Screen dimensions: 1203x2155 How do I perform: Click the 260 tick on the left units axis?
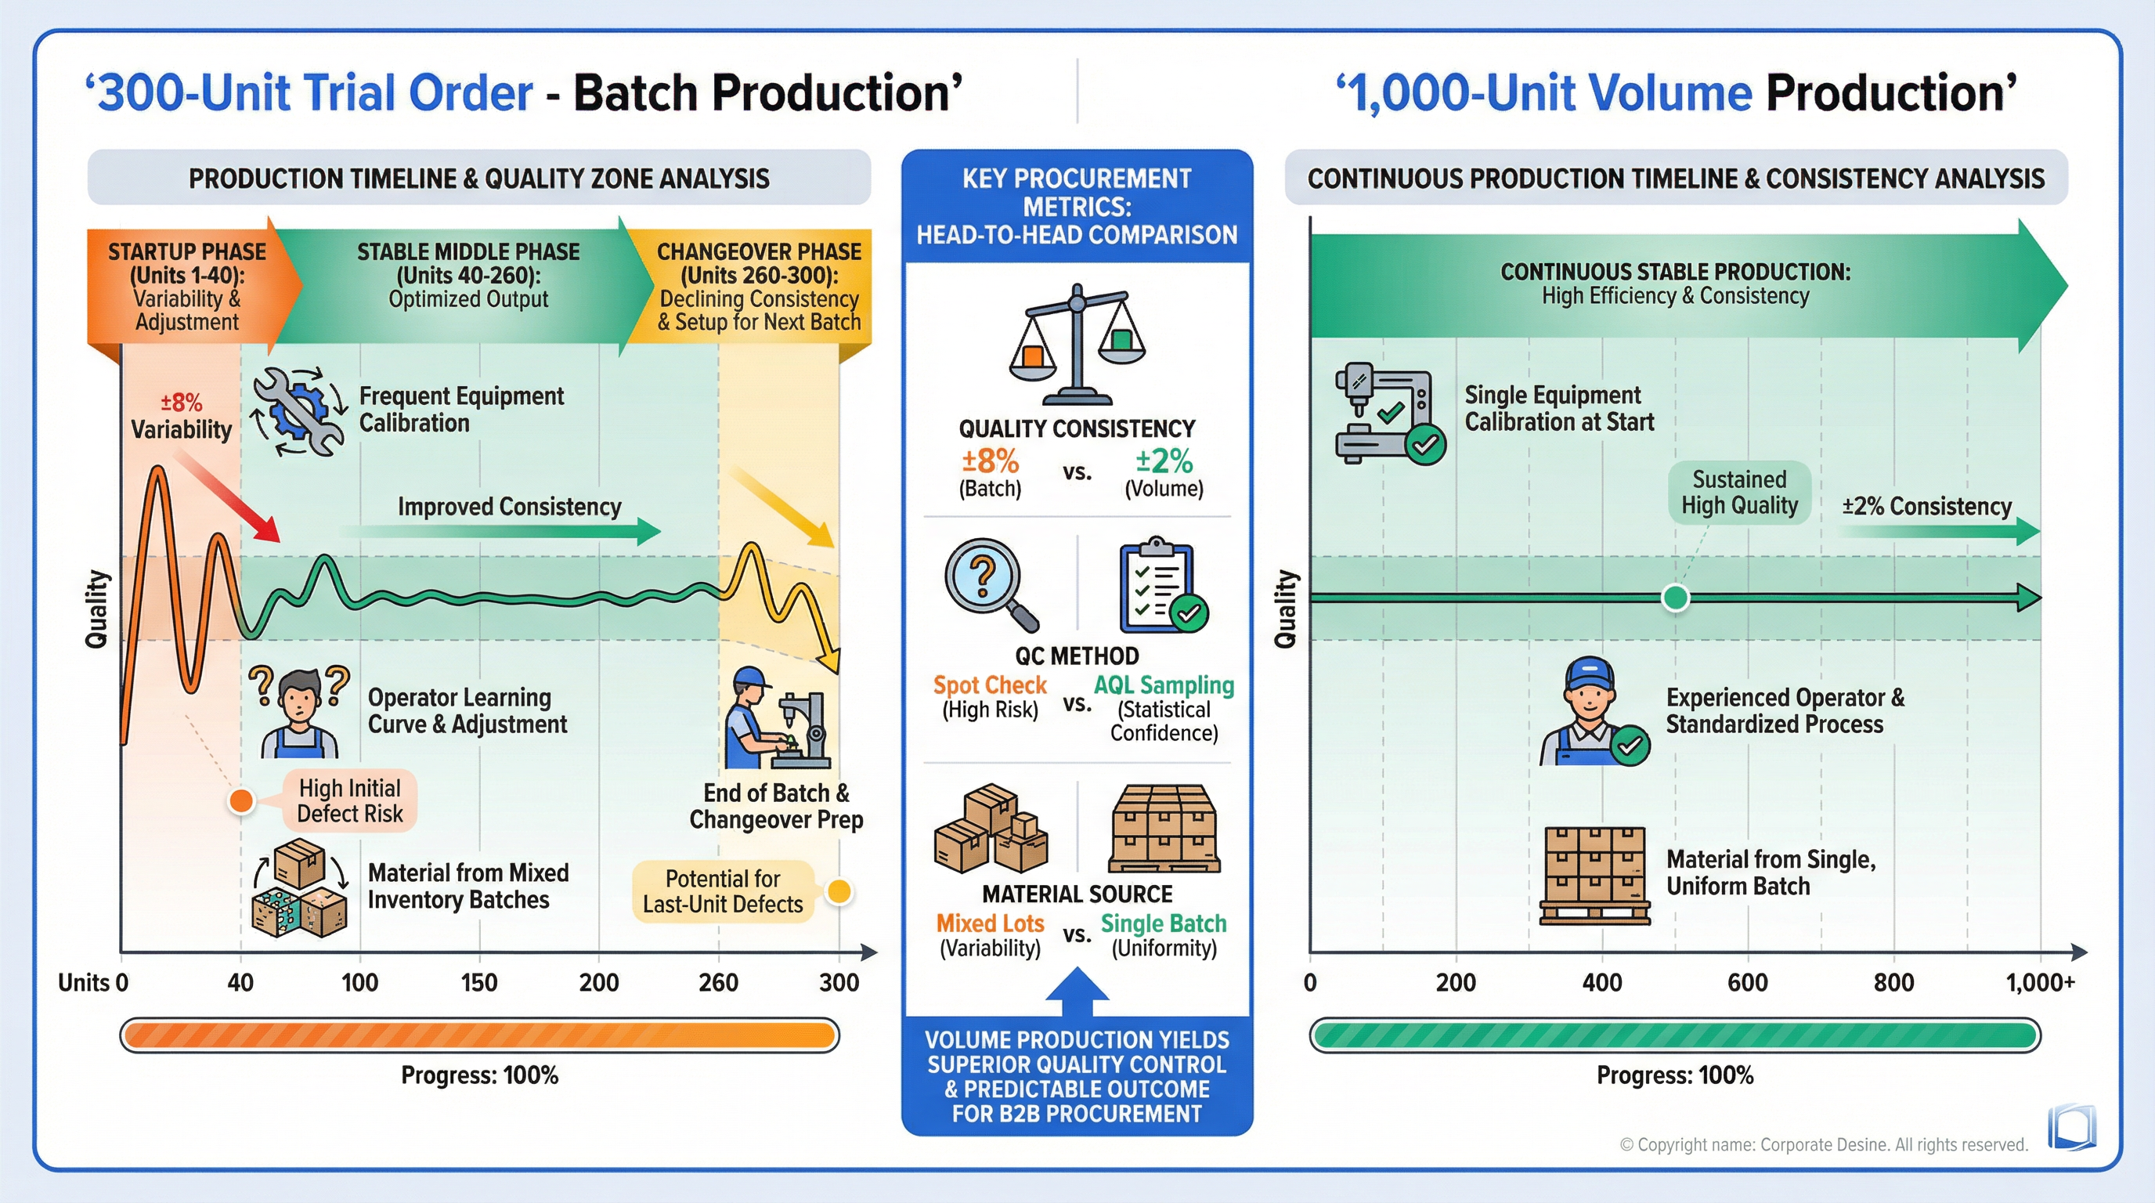pyautogui.click(x=718, y=981)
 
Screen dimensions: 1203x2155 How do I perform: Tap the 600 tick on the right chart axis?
pyautogui.click(x=1748, y=981)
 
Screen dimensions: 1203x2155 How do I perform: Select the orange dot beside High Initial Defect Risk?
pyautogui.click(x=241, y=800)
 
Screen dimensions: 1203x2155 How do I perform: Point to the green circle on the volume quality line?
pyautogui.click(x=1675, y=598)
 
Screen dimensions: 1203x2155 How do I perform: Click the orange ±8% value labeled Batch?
pyautogui.click(x=990, y=462)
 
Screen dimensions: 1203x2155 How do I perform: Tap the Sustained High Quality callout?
pyautogui.click(x=1739, y=493)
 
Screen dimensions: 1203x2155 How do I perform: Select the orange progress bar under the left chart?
pyautogui.click(x=479, y=1035)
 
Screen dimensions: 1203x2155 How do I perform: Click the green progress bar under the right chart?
pyautogui.click(x=1675, y=1035)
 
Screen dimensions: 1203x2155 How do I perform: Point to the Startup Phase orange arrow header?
pyautogui.click(x=188, y=286)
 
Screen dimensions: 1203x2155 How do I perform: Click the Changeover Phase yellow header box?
pyautogui.click(x=758, y=286)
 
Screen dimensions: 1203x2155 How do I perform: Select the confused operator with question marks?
pyautogui.click(x=298, y=712)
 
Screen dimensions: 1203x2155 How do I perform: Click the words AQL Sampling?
pyautogui.click(x=1163, y=685)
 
